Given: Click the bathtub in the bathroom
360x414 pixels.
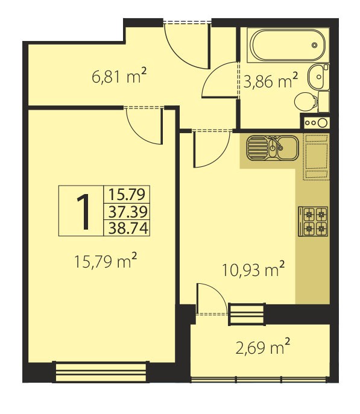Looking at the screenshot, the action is click(x=288, y=45).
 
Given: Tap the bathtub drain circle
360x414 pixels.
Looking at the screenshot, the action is click(x=314, y=45).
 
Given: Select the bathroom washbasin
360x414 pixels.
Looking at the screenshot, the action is click(x=318, y=77).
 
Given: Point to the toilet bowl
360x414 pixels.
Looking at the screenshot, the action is click(x=306, y=102).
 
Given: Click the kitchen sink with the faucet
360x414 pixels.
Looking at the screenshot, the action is click(x=273, y=148).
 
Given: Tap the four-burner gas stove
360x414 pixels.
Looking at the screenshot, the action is click(x=313, y=221).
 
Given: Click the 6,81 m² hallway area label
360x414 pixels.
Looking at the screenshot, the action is click(x=119, y=76).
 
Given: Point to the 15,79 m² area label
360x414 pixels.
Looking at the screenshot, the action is click(x=106, y=261).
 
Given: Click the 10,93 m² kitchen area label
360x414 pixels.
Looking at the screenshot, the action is click(x=253, y=269).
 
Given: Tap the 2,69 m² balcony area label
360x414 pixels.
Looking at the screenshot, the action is click(x=263, y=347).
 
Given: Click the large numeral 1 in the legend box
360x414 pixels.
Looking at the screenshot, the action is click(x=83, y=212).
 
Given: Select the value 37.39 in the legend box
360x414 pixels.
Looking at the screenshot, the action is click(x=128, y=212).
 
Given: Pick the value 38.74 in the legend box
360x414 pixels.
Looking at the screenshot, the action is click(x=128, y=228).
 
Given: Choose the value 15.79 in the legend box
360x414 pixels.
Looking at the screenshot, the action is click(x=127, y=194).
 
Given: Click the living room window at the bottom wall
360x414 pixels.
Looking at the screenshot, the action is click(x=101, y=372).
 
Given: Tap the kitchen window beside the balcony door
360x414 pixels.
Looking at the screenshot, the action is click(x=247, y=314).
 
